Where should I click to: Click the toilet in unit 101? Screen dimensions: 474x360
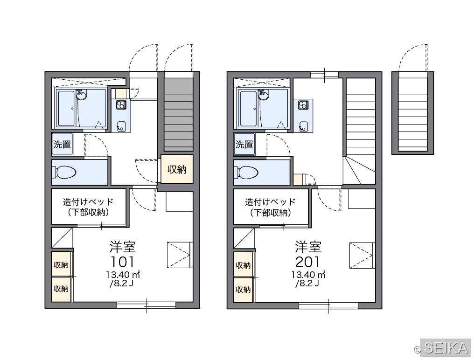[x=65, y=173]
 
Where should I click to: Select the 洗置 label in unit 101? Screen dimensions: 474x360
[x=62, y=144]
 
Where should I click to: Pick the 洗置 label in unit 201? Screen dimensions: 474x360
[x=244, y=144]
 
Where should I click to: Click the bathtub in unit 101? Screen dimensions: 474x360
[x=67, y=109]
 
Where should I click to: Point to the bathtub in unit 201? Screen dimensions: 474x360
[x=249, y=109]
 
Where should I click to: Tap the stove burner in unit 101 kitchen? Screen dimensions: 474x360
[x=121, y=105]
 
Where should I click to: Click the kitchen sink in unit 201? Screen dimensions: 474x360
[x=303, y=127]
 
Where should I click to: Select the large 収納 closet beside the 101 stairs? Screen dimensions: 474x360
[x=177, y=169]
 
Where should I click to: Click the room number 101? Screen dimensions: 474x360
[x=122, y=262]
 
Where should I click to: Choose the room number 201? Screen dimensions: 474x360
[x=307, y=262]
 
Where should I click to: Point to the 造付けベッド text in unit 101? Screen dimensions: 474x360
[x=88, y=201]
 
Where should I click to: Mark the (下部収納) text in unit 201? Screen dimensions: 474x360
[x=270, y=213]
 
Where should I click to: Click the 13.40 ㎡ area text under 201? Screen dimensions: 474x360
[x=308, y=275]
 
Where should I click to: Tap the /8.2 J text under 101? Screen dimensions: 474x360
[x=121, y=284]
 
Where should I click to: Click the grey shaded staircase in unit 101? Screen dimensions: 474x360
[x=178, y=115]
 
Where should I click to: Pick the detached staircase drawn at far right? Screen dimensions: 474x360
[x=412, y=113]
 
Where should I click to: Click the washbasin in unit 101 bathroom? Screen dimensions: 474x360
[x=81, y=95]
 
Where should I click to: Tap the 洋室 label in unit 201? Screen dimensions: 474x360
[x=308, y=247]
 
